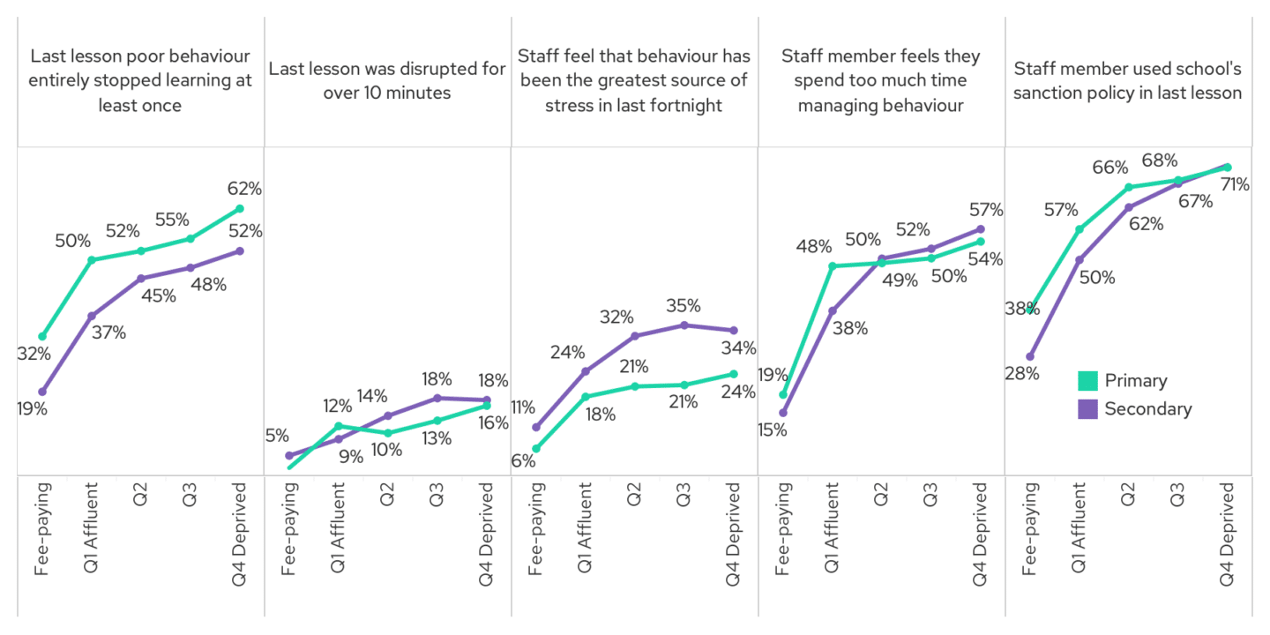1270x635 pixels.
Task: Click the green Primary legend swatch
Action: click(x=1087, y=381)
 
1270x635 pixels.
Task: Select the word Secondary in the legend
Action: click(x=1147, y=409)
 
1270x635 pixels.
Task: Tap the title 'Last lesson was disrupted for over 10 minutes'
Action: click(x=387, y=80)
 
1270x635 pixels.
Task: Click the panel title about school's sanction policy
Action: click(x=1128, y=80)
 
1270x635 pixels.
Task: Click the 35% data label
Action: click(x=684, y=306)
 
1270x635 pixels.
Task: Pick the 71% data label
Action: click(x=1234, y=184)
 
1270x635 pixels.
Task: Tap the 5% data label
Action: click(x=277, y=435)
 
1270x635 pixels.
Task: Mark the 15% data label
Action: click(x=772, y=430)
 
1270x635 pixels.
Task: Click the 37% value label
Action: click(x=108, y=332)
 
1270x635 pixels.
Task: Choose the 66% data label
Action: click(x=1109, y=168)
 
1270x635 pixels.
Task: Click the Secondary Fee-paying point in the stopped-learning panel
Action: click(x=42, y=392)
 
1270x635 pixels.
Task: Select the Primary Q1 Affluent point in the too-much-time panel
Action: click(x=833, y=265)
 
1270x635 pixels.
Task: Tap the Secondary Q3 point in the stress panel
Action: click(x=684, y=325)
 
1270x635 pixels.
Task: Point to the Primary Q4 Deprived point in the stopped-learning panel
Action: click(x=240, y=209)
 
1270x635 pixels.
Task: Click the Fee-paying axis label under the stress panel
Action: click(x=536, y=529)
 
